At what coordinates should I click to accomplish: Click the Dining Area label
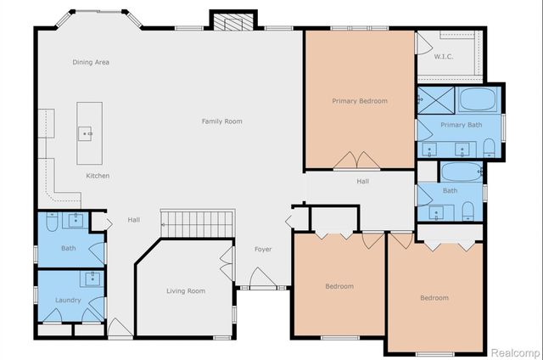pos(91,62)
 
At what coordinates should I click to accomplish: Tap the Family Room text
pos(221,121)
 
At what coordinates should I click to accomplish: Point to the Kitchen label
pos(98,176)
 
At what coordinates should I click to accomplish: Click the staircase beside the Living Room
pos(196,225)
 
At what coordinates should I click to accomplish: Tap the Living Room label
pos(185,291)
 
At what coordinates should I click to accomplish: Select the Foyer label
pos(263,249)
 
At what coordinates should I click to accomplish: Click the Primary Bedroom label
pos(359,101)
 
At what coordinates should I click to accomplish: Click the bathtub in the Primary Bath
pos(479,103)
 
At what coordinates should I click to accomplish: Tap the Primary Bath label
pos(461,125)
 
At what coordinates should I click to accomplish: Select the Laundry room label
pos(68,301)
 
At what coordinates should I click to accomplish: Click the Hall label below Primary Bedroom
pos(362,181)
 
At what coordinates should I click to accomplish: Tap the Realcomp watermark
pos(512,352)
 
